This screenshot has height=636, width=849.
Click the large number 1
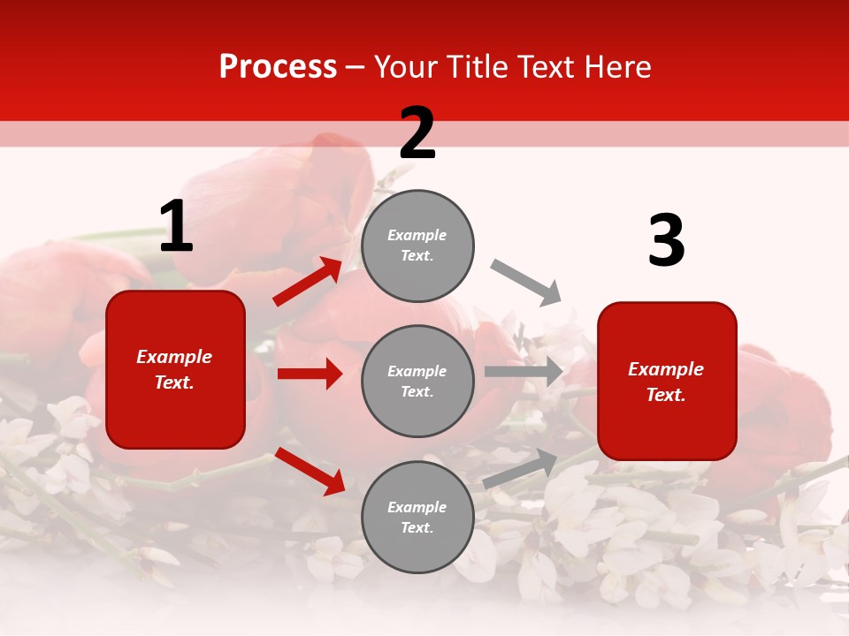pyautogui.click(x=176, y=227)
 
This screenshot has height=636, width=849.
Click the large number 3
pyautogui.click(x=666, y=241)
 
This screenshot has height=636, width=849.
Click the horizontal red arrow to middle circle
pyautogui.click(x=310, y=374)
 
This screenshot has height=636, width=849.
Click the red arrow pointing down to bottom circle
pyautogui.click(x=310, y=471)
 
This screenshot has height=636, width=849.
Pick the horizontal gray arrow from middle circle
pyautogui.click(x=524, y=372)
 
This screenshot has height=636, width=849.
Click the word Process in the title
pyautogui.click(x=278, y=67)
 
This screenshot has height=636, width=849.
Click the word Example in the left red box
pyautogui.click(x=174, y=357)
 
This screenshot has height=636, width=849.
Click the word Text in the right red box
pyautogui.click(x=665, y=395)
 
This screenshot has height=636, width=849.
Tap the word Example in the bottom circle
pyautogui.click(x=417, y=507)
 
